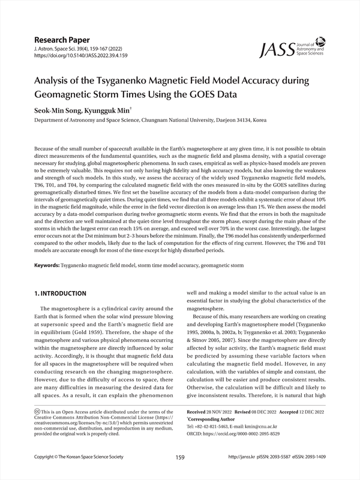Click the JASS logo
tap(293, 50)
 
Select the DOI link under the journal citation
tap(82, 56)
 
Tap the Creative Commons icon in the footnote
tap(37, 413)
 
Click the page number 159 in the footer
tap(180, 457)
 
